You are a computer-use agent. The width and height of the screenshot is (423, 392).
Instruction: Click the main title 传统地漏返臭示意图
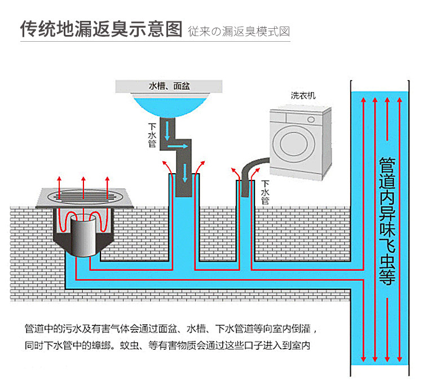(101, 29)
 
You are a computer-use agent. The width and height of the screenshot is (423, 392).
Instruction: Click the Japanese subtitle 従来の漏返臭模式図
(239, 32)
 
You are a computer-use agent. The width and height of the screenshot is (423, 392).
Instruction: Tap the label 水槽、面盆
(169, 86)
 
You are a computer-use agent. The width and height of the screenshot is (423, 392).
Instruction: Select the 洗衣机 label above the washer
(303, 95)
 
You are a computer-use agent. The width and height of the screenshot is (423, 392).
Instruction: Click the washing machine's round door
(293, 143)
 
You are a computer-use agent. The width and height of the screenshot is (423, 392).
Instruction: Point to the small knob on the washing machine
(311, 120)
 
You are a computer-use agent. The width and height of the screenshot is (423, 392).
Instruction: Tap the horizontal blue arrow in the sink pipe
(178, 146)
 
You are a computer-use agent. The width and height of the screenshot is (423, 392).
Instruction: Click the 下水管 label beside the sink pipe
(152, 135)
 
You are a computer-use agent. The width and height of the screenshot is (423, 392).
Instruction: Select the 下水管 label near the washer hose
(265, 192)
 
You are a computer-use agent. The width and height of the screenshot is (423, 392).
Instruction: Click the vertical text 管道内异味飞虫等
(387, 221)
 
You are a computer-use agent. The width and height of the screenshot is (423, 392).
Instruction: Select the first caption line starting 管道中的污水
(171, 329)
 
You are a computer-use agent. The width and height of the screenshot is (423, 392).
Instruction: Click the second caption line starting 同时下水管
(168, 345)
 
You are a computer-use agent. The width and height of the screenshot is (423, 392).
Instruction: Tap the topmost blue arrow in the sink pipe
(167, 131)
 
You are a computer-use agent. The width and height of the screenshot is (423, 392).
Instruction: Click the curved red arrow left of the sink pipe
(168, 168)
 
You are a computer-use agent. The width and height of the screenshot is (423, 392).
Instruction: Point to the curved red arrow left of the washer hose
(236, 174)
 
